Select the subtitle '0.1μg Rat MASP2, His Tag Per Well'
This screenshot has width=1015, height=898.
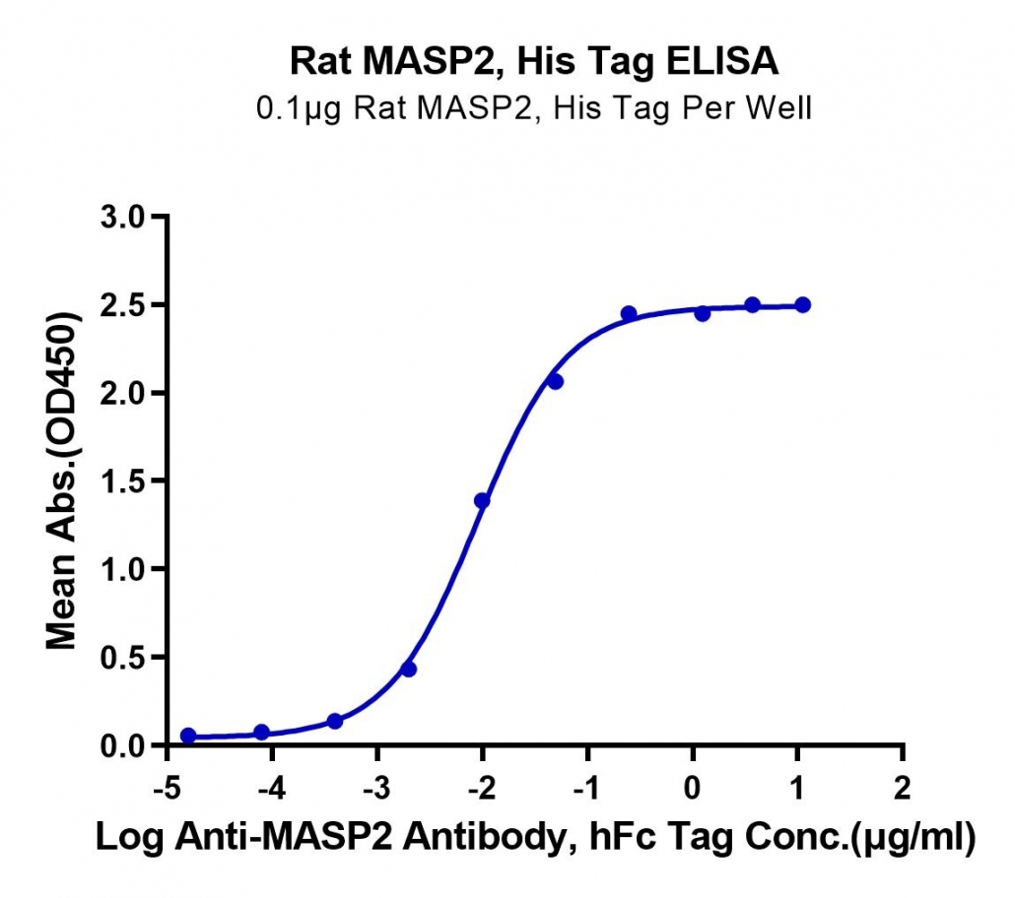point(533,108)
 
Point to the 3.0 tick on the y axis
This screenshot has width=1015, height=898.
point(122,217)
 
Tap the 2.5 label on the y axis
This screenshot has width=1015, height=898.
point(122,305)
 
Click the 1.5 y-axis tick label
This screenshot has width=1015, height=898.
point(122,481)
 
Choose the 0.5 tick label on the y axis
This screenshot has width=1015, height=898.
point(122,658)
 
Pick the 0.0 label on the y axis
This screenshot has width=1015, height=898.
point(122,746)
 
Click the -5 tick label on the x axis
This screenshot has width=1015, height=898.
point(167,788)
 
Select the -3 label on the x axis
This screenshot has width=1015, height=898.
point(376,788)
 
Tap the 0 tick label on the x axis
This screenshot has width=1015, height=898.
point(693,788)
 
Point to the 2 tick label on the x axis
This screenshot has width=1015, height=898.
point(903,788)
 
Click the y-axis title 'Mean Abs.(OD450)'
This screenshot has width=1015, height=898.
point(62,481)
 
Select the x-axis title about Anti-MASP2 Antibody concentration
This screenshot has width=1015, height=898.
point(535,838)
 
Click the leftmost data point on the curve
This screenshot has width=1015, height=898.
point(188,736)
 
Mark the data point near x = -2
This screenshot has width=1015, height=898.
point(482,501)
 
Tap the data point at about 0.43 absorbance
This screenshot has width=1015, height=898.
point(408,669)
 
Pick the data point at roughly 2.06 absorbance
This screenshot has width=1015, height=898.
point(556,382)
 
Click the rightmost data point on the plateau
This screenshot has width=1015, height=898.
point(803,304)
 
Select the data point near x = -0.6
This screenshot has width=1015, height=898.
point(629,314)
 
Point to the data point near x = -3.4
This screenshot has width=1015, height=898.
point(335,721)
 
